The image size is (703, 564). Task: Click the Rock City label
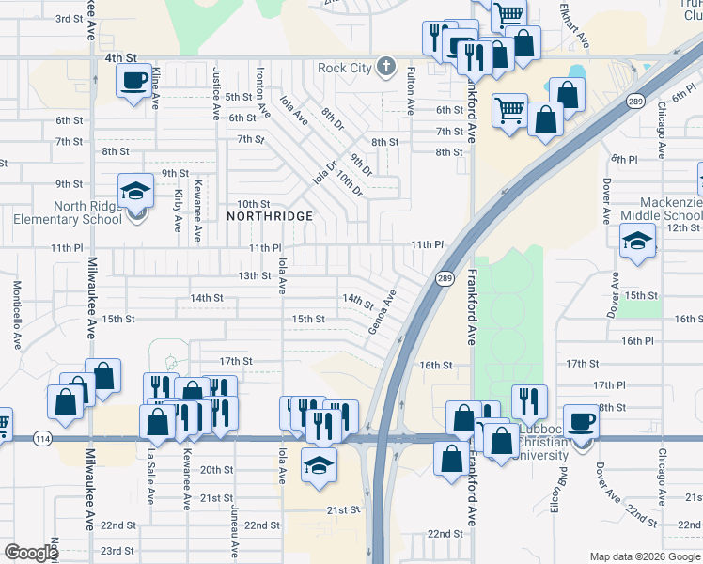(344, 68)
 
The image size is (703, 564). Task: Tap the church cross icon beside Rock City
(384, 67)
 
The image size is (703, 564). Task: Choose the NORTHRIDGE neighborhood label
(270, 216)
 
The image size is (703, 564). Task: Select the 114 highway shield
(42, 439)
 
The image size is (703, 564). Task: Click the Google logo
(31, 553)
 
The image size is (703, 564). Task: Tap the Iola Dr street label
(324, 173)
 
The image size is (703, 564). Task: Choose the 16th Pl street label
(636, 341)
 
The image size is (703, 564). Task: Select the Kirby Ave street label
(178, 211)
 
